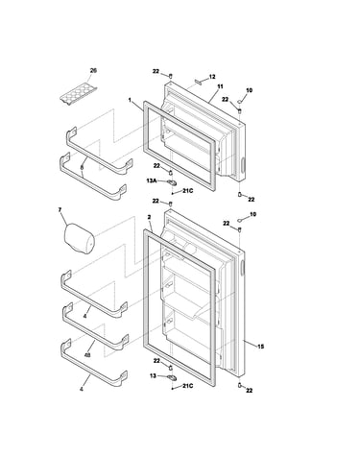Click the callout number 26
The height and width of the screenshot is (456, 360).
pyautogui.click(x=93, y=70)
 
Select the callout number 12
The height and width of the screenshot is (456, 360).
pyautogui.click(x=212, y=77)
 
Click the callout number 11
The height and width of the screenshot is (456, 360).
pyautogui.click(x=220, y=86)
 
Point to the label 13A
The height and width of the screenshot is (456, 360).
pyautogui.click(x=152, y=180)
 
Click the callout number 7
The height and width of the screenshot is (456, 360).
pyautogui.click(x=60, y=209)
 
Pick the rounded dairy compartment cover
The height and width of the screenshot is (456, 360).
pyautogui.click(x=80, y=239)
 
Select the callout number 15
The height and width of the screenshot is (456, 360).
pyautogui.click(x=261, y=347)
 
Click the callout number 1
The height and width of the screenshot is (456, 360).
pyautogui.click(x=130, y=100)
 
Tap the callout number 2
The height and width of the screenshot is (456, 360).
pyautogui.click(x=149, y=217)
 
